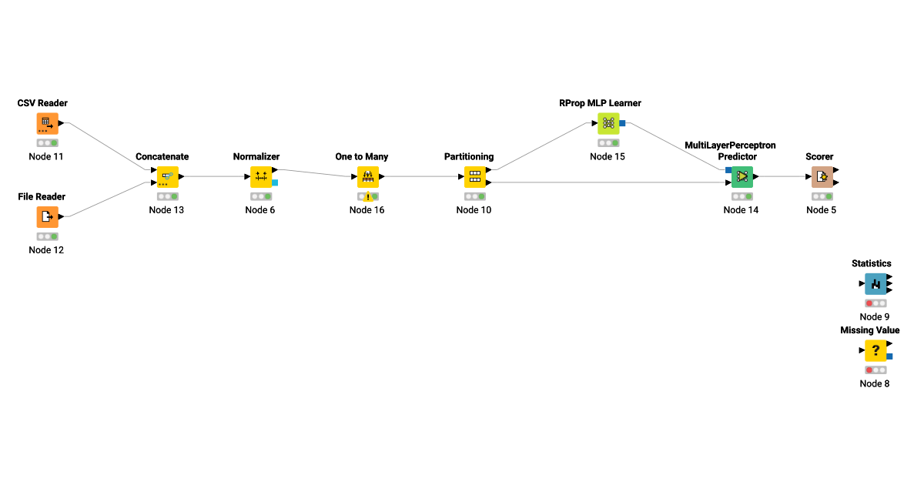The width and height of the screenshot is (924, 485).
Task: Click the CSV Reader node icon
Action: (47, 123)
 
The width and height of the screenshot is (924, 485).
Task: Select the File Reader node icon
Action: (47, 217)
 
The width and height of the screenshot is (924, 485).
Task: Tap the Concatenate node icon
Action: (167, 177)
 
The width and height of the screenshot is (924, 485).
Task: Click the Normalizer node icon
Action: (261, 177)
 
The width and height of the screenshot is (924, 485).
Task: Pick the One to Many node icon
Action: (367, 177)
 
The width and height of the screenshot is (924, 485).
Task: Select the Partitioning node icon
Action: (474, 177)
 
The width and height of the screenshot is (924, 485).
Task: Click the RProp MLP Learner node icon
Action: (608, 123)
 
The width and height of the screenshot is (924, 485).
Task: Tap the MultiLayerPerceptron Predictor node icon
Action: (742, 177)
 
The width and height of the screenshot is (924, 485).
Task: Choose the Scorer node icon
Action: (822, 177)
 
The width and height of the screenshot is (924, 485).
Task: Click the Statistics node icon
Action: (875, 284)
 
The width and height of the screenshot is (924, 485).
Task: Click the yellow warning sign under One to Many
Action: (368, 196)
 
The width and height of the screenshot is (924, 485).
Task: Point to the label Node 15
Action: (608, 156)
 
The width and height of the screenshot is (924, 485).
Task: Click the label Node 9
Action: (875, 316)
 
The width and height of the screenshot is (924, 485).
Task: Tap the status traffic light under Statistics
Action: (875, 303)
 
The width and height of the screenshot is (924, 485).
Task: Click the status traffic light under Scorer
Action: (822, 196)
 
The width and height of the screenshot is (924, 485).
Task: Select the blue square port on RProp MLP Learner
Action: (622, 123)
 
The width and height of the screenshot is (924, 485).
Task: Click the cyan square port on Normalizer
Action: (275, 182)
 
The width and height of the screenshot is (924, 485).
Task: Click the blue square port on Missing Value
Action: (889, 356)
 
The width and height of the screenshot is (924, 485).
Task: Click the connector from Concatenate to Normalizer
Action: (216, 176)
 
